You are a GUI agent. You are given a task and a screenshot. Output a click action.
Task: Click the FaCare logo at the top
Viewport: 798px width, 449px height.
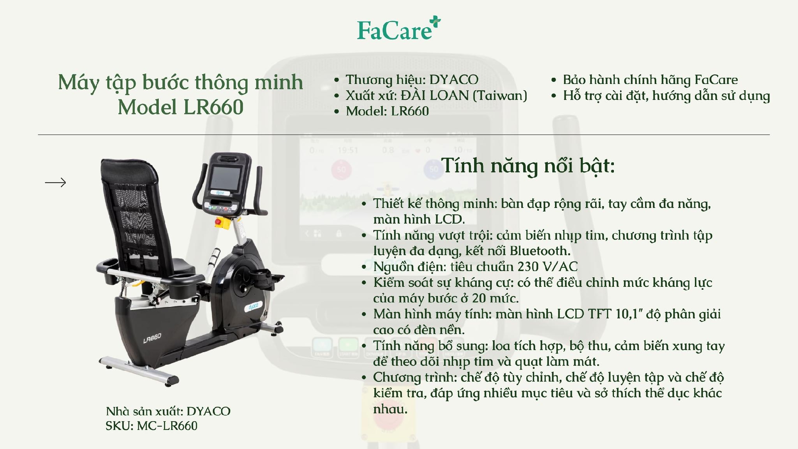pyautogui.click(x=399, y=29)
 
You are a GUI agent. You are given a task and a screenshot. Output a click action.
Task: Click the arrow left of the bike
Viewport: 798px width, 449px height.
pyautogui.click(x=55, y=183)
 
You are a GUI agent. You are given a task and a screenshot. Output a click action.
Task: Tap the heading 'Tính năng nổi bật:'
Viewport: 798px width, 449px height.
pyautogui.click(x=528, y=166)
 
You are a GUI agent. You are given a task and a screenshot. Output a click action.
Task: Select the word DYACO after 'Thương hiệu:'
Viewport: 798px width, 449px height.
pyautogui.click(x=454, y=79)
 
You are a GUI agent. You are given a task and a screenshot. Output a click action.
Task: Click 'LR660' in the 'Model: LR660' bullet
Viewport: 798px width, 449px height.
pyautogui.click(x=410, y=111)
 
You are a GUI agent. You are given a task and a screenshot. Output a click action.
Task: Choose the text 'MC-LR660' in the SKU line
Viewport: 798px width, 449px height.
pyautogui.click(x=167, y=426)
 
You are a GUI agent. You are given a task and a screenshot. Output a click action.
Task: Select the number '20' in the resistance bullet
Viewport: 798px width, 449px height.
pyautogui.click(x=479, y=298)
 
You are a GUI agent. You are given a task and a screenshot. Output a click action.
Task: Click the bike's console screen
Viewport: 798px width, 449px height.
pyautogui.click(x=225, y=178)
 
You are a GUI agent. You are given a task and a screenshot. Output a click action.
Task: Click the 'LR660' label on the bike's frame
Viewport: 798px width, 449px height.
pyautogui.click(x=152, y=338)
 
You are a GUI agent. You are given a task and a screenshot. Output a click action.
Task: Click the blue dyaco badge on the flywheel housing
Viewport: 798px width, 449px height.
pyautogui.click(x=253, y=307)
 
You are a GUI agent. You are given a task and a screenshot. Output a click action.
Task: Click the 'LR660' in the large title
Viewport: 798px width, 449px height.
pyautogui.click(x=213, y=107)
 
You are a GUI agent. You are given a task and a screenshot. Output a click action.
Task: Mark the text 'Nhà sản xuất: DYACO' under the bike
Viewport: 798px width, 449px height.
pyautogui.click(x=168, y=411)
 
